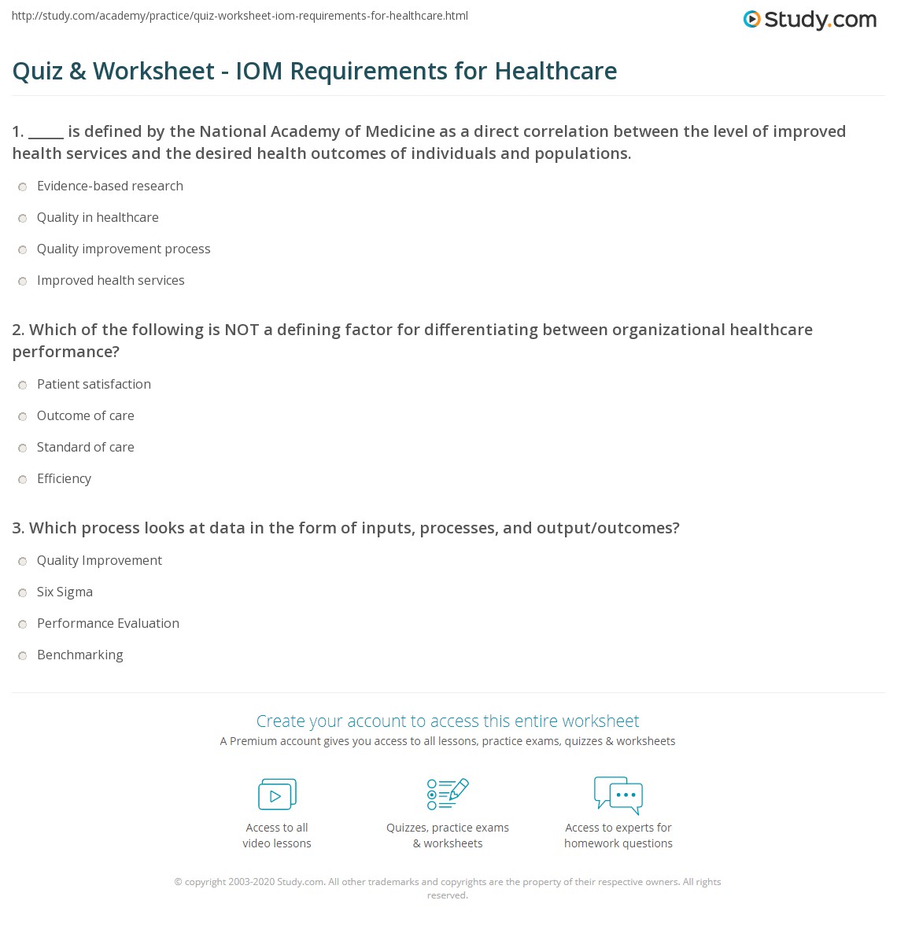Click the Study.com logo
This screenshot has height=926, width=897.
(x=810, y=20)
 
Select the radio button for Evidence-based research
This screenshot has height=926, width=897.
(x=23, y=187)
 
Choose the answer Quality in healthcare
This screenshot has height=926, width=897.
(x=23, y=219)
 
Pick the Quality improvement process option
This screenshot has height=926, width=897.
(x=23, y=250)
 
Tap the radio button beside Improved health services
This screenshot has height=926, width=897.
(x=23, y=282)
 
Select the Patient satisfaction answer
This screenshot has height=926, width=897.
(x=23, y=386)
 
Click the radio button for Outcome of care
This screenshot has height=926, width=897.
(x=23, y=417)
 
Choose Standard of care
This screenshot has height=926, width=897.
(x=23, y=448)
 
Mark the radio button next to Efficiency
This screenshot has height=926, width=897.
(x=23, y=480)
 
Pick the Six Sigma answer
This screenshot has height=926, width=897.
(x=23, y=593)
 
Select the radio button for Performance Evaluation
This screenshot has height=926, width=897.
(x=23, y=625)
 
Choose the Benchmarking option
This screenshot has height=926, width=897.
(x=23, y=656)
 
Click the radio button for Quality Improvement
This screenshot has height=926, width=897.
(x=23, y=562)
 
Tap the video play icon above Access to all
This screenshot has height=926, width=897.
(x=277, y=795)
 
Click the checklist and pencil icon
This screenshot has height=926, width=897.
(x=448, y=794)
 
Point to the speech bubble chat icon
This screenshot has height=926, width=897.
(x=618, y=794)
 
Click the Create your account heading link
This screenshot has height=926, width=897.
(x=448, y=721)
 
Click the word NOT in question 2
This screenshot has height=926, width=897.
(x=242, y=330)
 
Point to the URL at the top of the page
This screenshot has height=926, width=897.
(x=240, y=16)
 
